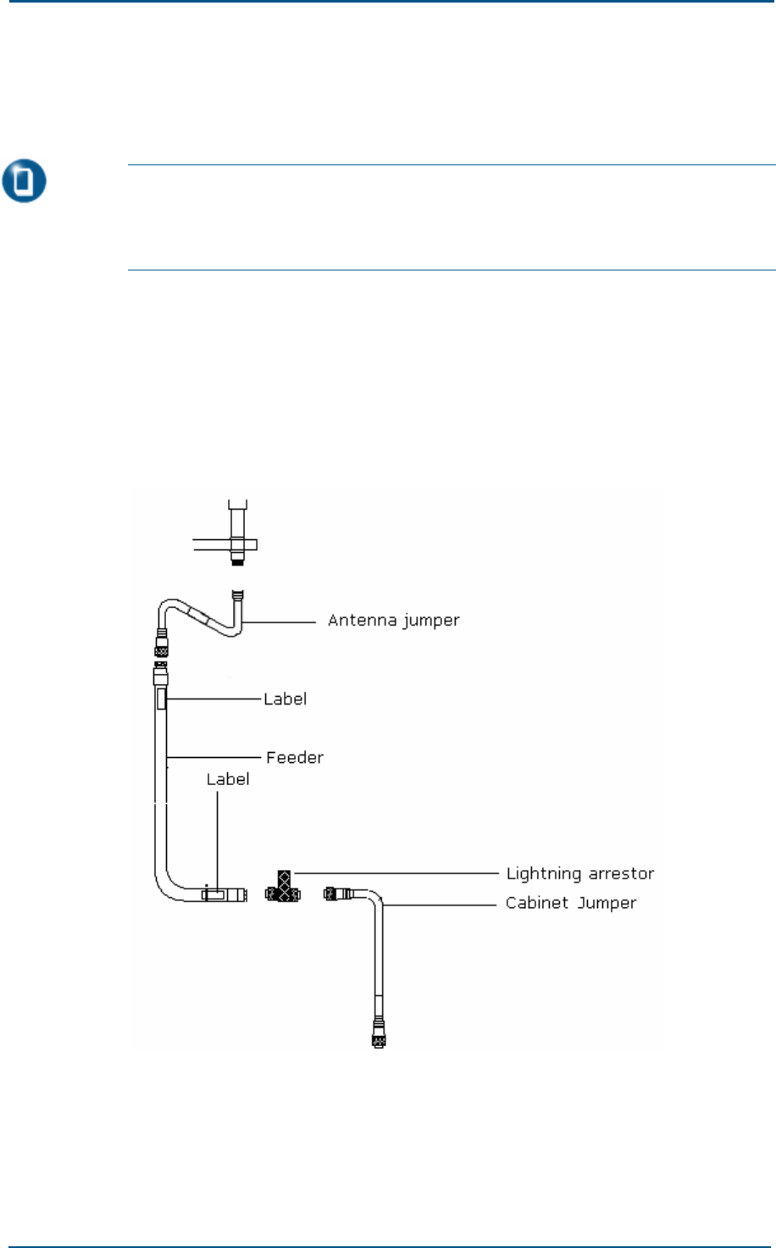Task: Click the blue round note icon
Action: click(24, 182)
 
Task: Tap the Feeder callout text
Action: click(295, 758)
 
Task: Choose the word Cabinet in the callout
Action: click(535, 903)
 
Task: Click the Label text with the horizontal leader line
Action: click(285, 699)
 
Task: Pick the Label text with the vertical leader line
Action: click(228, 779)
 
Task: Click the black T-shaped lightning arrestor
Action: click(283, 887)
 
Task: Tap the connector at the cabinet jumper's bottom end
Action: click(378, 1037)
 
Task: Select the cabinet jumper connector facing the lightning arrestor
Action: click(333, 893)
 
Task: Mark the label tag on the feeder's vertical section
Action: click(162, 699)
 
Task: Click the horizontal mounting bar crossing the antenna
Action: click(224, 544)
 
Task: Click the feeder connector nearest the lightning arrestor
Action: click(242, 894)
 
